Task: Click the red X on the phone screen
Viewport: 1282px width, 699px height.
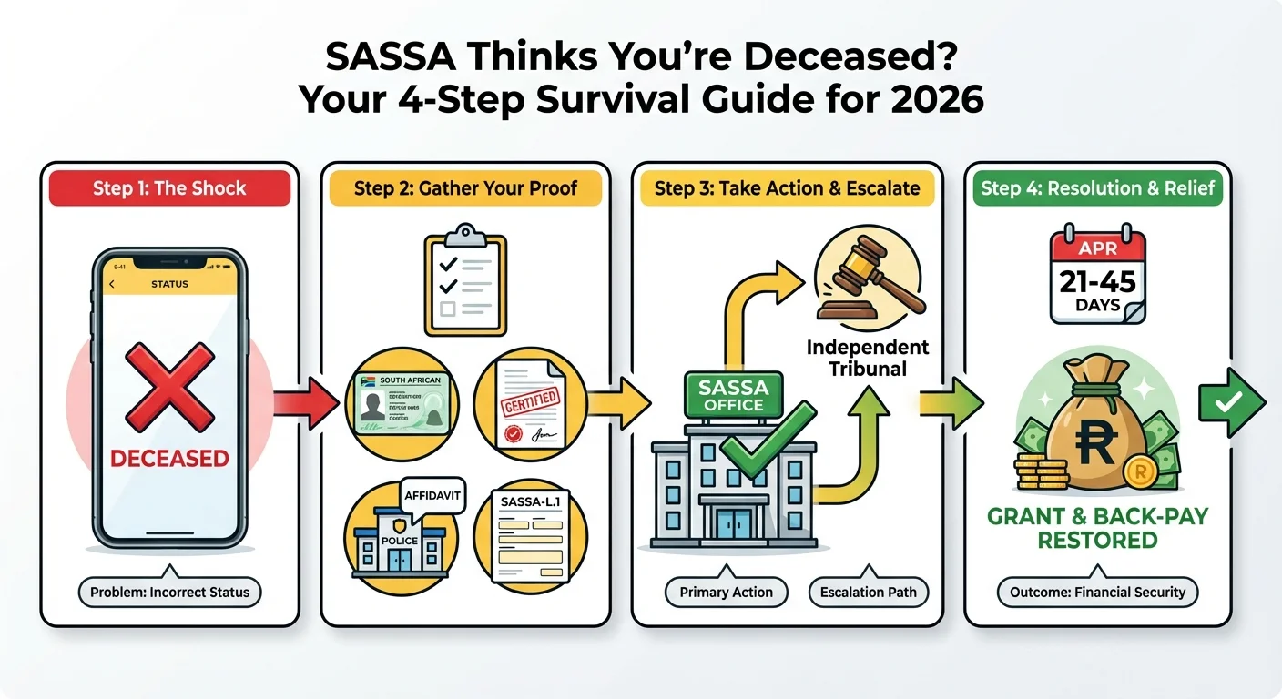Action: coord(170,386)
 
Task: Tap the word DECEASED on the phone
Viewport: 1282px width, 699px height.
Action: coord(169,458)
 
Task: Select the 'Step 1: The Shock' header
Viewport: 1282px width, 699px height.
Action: coord(169,188)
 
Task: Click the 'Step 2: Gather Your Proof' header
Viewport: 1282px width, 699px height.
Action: coord(465,188)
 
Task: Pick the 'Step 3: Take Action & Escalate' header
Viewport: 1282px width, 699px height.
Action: coord(787,188)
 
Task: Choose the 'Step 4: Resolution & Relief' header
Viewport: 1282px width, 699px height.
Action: coord(1097,188)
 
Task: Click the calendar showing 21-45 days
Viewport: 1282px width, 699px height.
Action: coord(1097,277)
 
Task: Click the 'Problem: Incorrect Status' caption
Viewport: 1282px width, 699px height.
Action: coord(169,593)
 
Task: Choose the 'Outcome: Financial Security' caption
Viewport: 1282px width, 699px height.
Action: coord(1097,593)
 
